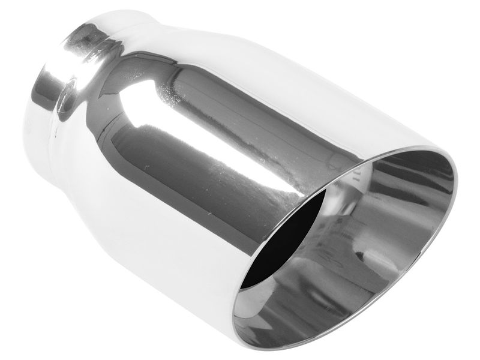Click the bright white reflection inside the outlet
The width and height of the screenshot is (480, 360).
click(x=354, y=198)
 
